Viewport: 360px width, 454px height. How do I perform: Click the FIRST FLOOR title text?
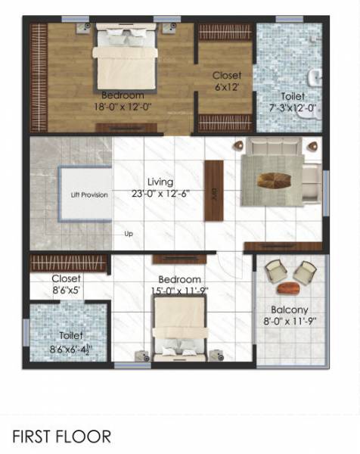coord(62,437)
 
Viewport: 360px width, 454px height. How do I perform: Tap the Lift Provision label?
coord(89,195)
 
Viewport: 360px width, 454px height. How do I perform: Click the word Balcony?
coord(289,309)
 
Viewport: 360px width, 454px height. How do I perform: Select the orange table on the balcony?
coord(290,288)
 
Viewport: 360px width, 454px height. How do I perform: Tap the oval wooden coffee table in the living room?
coord(272,180)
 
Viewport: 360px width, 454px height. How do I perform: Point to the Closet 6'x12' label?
coord(227,81)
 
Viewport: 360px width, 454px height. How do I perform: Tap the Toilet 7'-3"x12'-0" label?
coord(293,102)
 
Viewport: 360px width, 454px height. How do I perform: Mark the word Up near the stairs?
coord(128,235)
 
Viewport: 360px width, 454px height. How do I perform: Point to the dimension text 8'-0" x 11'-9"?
coord(290,320)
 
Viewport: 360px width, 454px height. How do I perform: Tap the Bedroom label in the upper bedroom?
coord(123,95)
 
